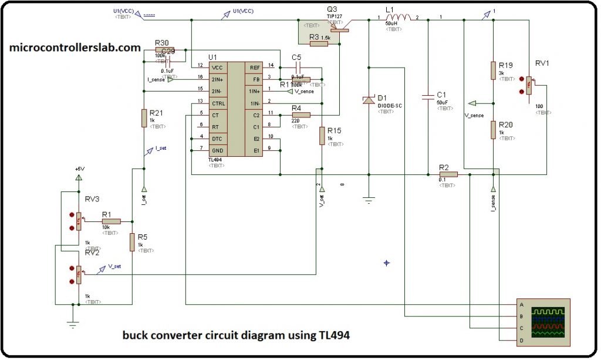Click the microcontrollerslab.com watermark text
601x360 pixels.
coord(75,48)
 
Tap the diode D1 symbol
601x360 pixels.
coord(369,100)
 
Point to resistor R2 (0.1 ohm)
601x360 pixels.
coord(448,174)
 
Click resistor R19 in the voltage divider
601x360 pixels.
coord(493,70)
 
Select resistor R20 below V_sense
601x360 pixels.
coord(493,130)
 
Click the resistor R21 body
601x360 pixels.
coord(144,117)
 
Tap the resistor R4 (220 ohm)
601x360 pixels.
coord(300,115)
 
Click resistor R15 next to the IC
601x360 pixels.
coord(322,136)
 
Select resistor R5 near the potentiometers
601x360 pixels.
coord(132,241)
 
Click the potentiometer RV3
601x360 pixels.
coord(78,221)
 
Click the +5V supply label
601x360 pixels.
coord(79,169)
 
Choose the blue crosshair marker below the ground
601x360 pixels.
coord(386,263)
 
